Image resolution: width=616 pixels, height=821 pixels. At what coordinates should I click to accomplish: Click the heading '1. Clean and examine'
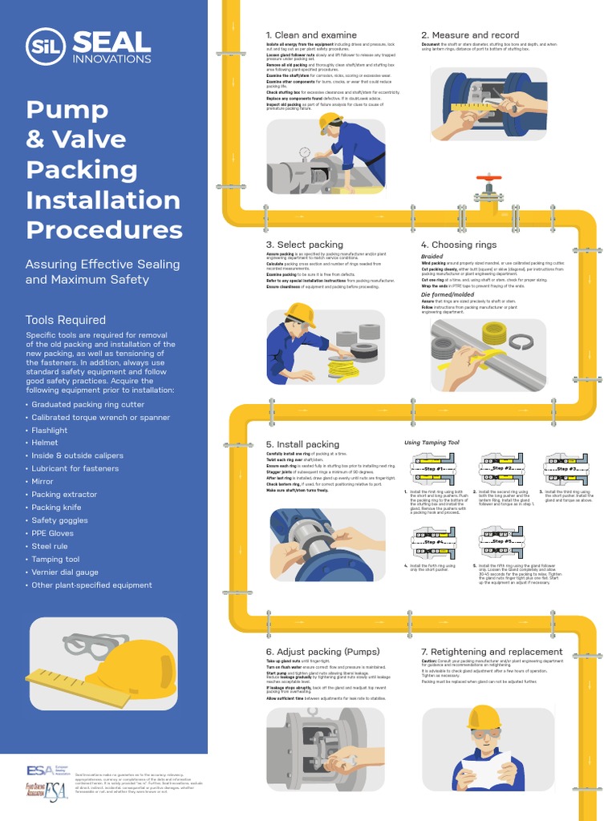click(311, 35)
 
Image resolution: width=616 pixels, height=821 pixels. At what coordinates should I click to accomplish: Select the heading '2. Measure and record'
click(470, 35)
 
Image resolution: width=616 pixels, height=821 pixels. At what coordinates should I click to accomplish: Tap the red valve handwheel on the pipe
click(488, 178)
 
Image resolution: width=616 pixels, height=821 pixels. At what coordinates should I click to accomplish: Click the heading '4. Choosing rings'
click(459, 245)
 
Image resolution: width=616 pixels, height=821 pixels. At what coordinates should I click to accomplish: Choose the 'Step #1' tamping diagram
click(433, 469)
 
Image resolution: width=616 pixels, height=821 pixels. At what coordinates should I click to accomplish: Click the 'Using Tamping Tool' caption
click(431, 443)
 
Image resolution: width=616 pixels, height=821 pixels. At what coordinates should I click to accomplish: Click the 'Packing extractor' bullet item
click(64, 495)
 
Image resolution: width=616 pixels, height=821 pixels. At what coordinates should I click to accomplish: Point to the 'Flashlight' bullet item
click(50, 430)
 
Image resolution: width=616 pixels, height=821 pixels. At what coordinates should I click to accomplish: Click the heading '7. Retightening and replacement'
click(492, 652)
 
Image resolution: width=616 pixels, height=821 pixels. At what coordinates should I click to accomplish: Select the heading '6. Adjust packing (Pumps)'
click(322, 652)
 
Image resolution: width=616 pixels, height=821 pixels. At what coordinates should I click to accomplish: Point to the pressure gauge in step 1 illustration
click(305, 152)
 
